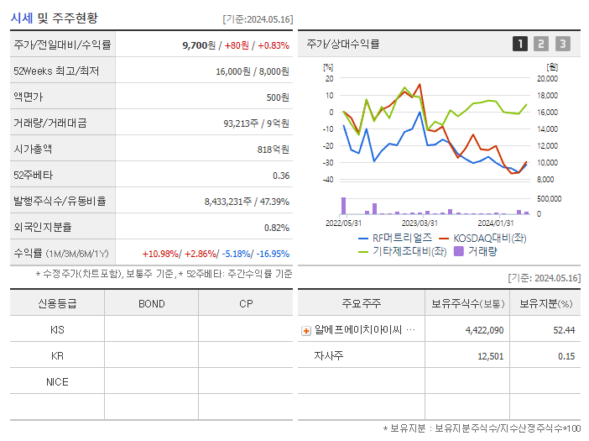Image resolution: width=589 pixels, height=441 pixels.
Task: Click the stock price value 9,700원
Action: tap(200, 45)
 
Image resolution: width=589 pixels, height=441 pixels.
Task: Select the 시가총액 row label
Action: tap(33, 149)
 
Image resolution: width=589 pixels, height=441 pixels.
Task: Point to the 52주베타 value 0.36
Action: tap(280, 175)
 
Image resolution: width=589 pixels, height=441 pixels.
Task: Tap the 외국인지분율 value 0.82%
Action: tap(276, 227)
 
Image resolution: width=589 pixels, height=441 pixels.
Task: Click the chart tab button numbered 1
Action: tap(520, 44)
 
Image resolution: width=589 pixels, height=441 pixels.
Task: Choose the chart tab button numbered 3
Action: tap(562, 44)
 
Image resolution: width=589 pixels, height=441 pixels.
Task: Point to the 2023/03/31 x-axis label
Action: tap(420, 223)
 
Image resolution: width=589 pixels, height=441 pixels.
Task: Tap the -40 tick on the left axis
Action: tap(328, 180)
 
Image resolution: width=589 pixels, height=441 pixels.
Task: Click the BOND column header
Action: tap(151, 303)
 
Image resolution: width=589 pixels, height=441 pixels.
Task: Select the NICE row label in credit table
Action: tap(57, 381)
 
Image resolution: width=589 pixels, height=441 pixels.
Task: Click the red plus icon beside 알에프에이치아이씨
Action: tap(305, 331)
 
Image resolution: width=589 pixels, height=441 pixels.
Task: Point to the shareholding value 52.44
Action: tap(563, 330)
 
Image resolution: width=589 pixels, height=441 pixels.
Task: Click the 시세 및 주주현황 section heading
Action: tap(55, 18)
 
